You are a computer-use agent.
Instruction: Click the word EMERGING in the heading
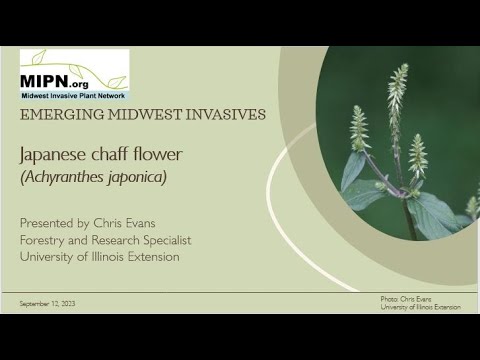pos(58,114)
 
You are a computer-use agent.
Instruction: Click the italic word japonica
pos(136,178)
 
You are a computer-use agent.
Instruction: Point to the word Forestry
pos(45,240)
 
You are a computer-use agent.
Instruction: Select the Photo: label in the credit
pos(390,299)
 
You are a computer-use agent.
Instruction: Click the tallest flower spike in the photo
pos(397,95)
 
